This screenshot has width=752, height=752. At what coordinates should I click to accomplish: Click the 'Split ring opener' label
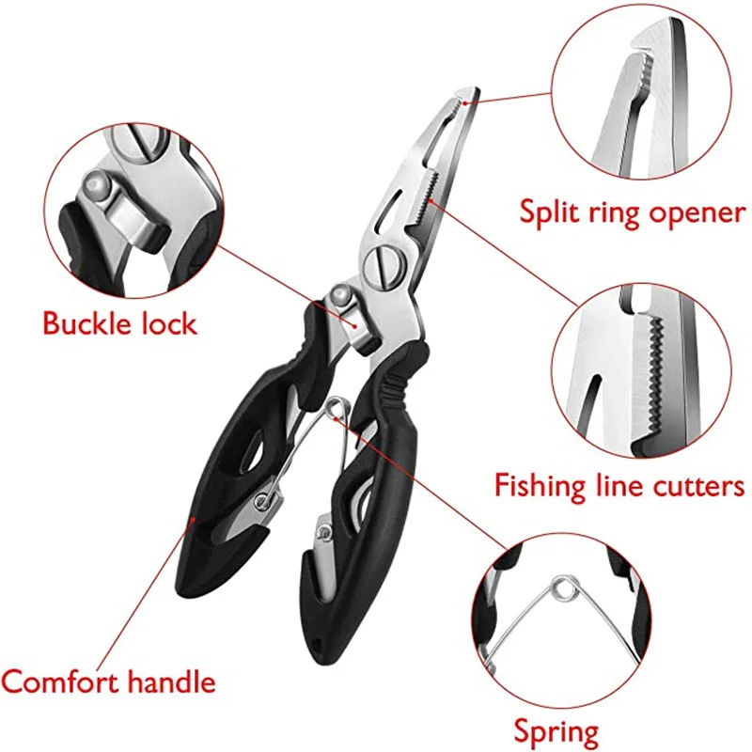tap(633, 212)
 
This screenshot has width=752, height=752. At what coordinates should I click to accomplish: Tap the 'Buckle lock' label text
tap(119, 324)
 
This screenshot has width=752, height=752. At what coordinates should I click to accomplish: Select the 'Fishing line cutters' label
tap(619, 486)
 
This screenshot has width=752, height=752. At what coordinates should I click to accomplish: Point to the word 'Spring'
tap(556, 730)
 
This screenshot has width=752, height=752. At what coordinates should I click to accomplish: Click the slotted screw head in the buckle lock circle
tap(131, 138)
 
